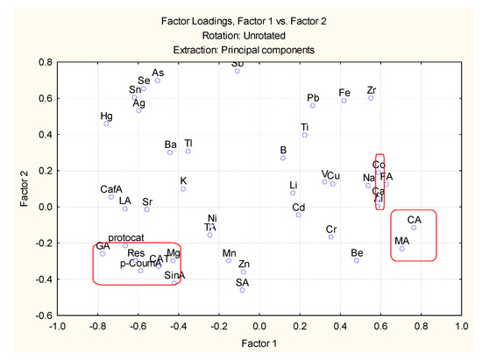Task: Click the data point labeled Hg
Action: pyautogui.click(x=106, y=124)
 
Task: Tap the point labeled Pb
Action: pyautogui.click(x=313, y=106)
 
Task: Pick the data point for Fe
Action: pyautogui.click(x=344, y=101)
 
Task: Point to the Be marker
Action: pyautogui.click(x=357, y=260)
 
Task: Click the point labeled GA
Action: pyautogui.click(x=103, y=254)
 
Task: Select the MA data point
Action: pyautogui.click(x=402, y=249)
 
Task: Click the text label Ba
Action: pyautogui.click(x=171, y=145)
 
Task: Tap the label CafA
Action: pyautogui.click(x=111, y=188)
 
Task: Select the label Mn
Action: pyautogui.click(x=229, y=252)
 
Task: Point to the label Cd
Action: pyautogui.click(x=298, y=207)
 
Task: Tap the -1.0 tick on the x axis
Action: pyautogui.click(x=57, y=328)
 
